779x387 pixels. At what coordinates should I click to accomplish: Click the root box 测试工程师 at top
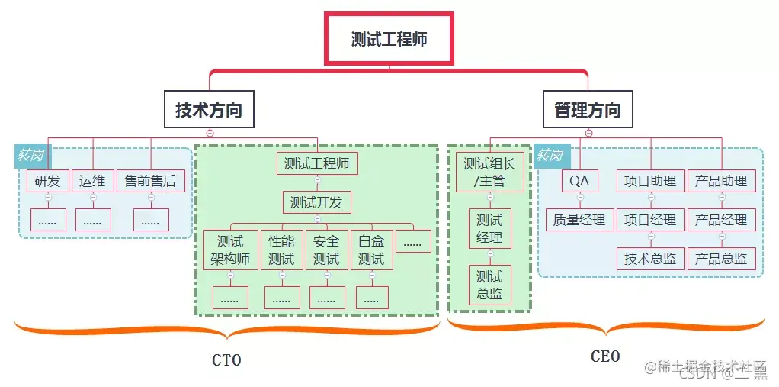(x=389, y=38)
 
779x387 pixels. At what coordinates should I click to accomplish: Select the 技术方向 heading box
(x=209, y=110)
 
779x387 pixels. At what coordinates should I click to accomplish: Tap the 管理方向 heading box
(x=587, y=110)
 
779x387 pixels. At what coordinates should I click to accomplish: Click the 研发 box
(x=47, y=181)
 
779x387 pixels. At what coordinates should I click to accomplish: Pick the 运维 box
(x=92, y=181)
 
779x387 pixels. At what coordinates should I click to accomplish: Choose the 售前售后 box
(x=150, y=181)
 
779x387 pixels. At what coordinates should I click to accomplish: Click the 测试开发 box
(x=316, y=202)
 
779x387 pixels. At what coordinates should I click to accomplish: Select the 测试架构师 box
(x=230, y=250)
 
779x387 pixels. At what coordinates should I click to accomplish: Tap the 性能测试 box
(x=281, y=250)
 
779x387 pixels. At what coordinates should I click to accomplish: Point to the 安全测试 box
(x=326, y=250)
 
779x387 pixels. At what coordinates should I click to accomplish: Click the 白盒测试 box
(x=371, y=250)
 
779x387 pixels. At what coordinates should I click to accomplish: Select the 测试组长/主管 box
(x=489, y=172)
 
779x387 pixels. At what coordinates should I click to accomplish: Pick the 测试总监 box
(x=489, y=285)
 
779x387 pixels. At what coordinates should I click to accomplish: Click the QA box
(x=579, y=181)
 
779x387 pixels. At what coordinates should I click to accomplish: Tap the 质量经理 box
(x=579, y=220)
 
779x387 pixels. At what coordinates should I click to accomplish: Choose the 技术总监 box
(x=650, y=258)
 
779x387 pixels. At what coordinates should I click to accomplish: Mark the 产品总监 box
(x=721, y=258)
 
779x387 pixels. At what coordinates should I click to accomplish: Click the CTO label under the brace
(x=226, y=360)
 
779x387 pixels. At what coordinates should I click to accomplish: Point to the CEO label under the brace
(x=605, y=356)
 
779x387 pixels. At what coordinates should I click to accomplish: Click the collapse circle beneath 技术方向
(x=210, y=133)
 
